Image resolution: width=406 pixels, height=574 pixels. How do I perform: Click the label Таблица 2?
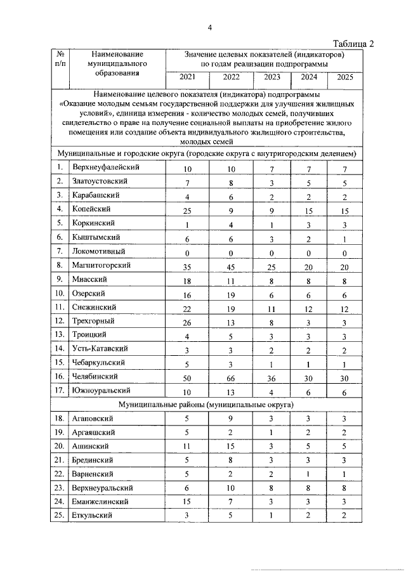pos(354,43)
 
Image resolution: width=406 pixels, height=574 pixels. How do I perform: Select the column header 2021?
pos(188,79)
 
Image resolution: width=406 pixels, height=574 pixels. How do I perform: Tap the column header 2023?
pos(272,79)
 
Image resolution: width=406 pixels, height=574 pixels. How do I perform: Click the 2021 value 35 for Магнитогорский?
pos(187,267)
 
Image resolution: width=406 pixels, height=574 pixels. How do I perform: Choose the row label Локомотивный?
pos(100,252)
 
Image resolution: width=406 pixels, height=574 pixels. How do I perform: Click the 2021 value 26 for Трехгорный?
pos(187,322)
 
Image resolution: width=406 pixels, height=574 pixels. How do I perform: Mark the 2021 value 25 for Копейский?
pos(187,211)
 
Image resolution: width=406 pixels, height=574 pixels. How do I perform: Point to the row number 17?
pos(58,391)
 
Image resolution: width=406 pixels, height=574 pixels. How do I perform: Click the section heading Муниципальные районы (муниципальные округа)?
pos(206,404)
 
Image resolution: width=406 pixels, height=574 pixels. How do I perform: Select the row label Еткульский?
pos(93,515)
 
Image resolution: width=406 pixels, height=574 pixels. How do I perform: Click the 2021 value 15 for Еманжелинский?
pos(187,502)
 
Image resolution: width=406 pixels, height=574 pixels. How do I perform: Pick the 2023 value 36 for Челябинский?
pos(272,378)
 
